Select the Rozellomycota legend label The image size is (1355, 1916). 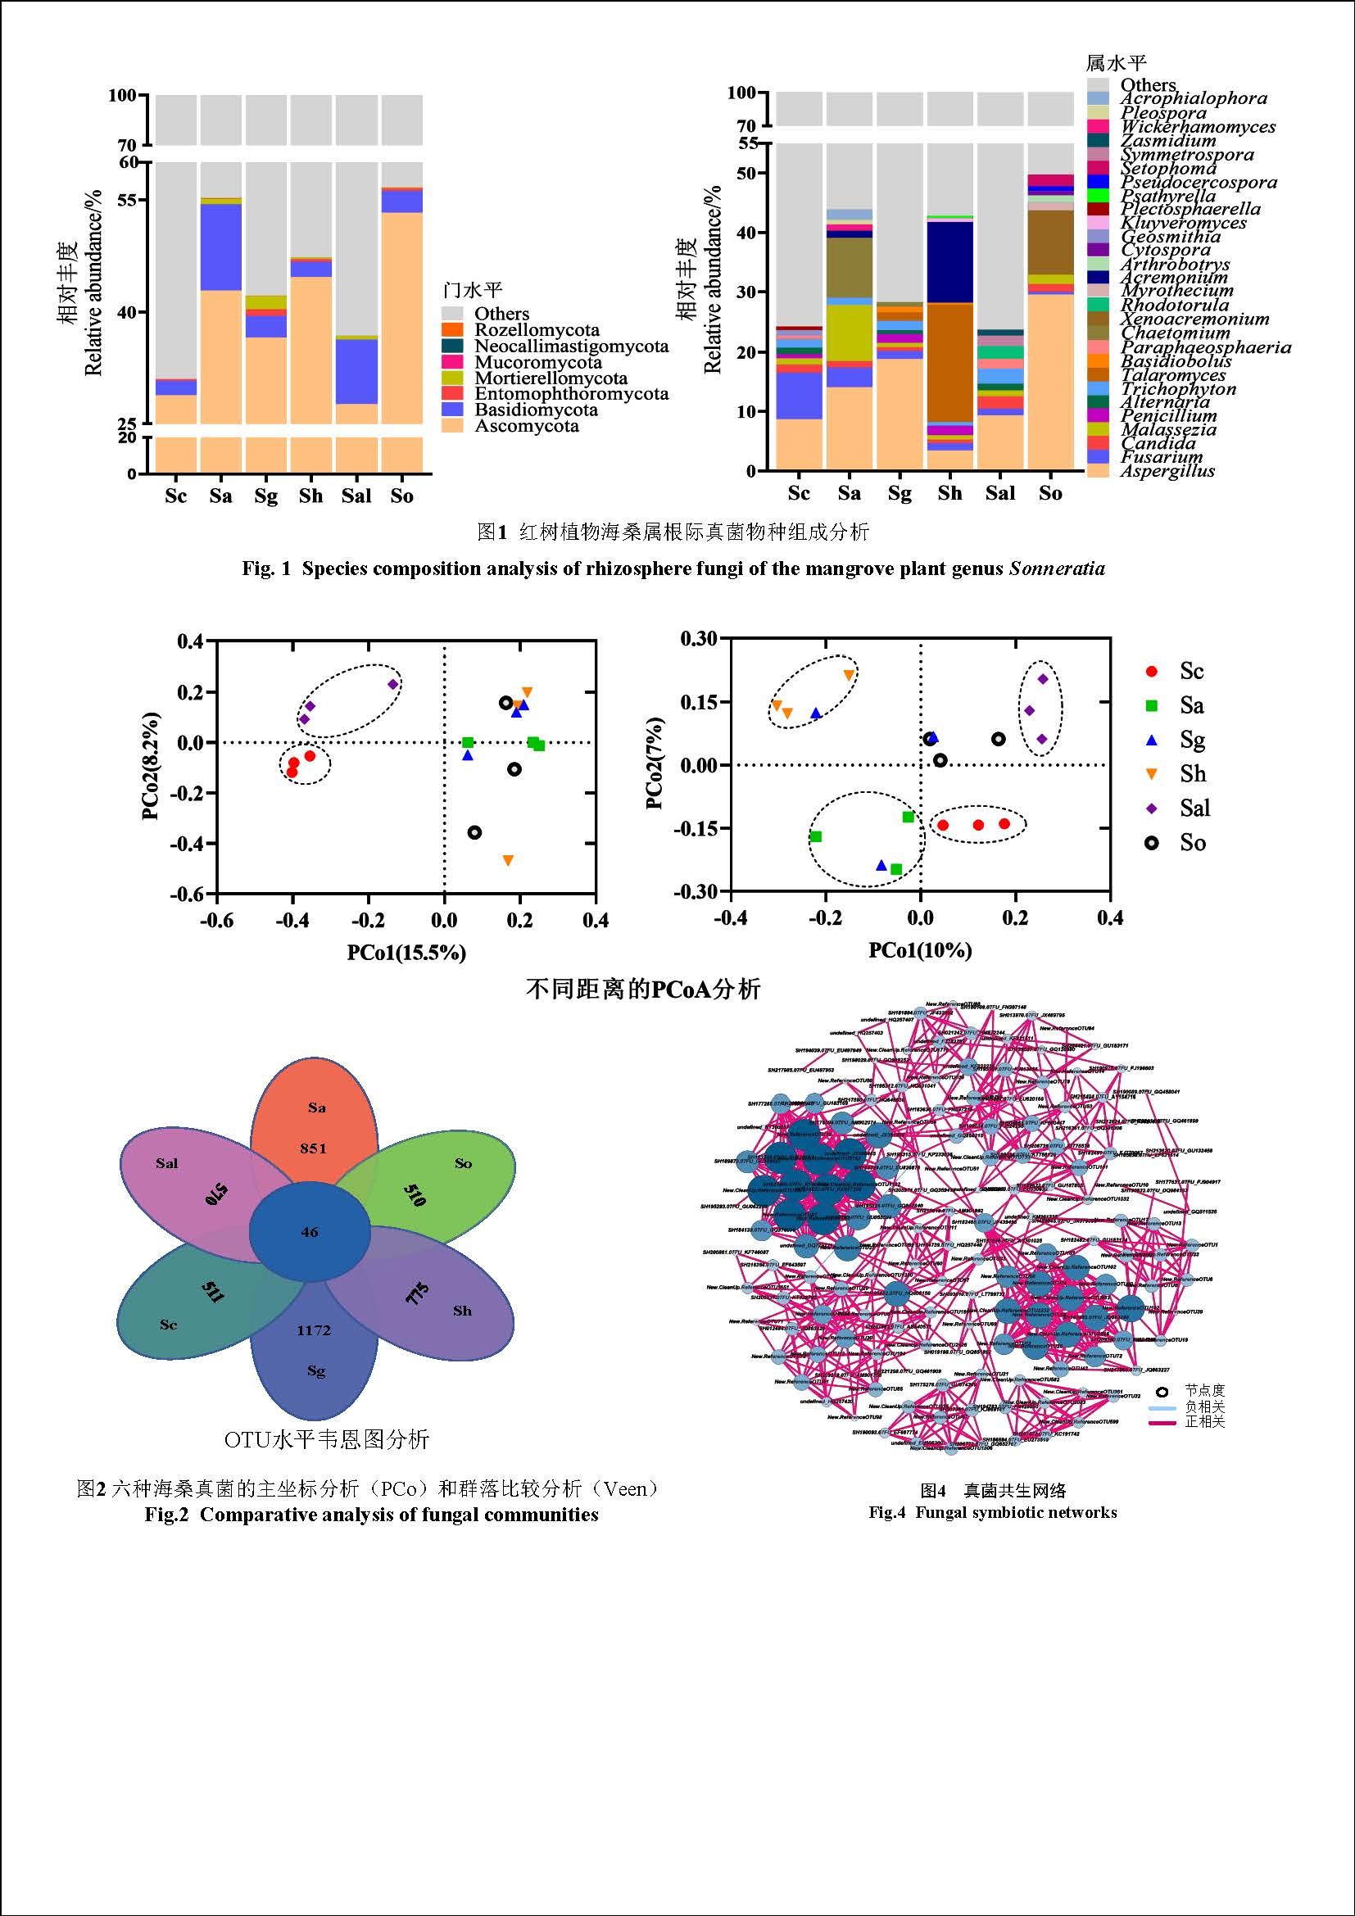tap(537, 330)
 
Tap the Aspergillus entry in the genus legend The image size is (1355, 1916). tap(1167, 471)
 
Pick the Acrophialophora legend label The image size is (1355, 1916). tap(1193, 98)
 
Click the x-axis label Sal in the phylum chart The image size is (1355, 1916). tap(356, 496)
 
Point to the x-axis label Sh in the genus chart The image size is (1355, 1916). tap(949, 493)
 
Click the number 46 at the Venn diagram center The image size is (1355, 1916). tap(310, 1232)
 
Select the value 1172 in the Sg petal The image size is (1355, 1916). tap(314, 1330)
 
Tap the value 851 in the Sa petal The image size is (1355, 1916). tap(314, 1148)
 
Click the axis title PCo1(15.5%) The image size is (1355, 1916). tap(406, 952)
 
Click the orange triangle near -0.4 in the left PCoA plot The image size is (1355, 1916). tap(508, 859)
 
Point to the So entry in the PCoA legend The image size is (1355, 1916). tap(1192, 843)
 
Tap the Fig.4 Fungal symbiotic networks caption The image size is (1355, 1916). tap(992, 1512)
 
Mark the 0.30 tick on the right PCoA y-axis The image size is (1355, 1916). tap(698, 638)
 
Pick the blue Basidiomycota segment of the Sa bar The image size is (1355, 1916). tap(221, 247)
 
